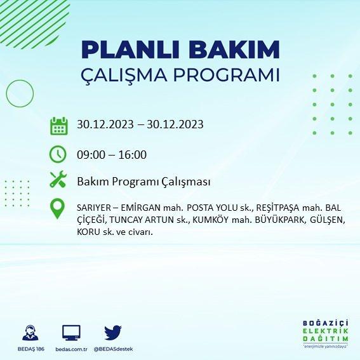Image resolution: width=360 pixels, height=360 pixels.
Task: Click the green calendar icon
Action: tap(59, 126)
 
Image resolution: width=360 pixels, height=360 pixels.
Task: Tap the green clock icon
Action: tap(58, 154)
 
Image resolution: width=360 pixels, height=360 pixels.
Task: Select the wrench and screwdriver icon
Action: tap(58, 179)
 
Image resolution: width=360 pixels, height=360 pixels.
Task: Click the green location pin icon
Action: tap(57, 209)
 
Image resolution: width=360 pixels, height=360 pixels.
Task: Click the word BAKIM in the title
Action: tap(234, 50)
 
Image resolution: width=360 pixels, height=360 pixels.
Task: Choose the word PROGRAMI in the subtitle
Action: tap(227, 75)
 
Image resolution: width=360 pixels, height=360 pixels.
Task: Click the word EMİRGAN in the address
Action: tap(140, 208)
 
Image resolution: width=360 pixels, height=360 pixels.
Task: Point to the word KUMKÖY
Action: tap(211, 220)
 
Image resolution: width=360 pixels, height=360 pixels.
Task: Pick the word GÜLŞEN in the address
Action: tap(327, 220)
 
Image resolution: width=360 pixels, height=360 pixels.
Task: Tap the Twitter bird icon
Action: tap(113, 333)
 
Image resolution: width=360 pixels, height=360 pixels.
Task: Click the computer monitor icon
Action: tap(71, 333)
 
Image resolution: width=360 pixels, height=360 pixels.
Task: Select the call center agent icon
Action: tap(30, 333)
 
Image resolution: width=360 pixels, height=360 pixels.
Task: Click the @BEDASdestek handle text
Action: tap(113, 349)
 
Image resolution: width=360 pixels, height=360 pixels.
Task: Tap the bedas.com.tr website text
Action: tap(71, 349)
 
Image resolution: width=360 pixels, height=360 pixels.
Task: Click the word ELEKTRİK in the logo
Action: tap(325, 331)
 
